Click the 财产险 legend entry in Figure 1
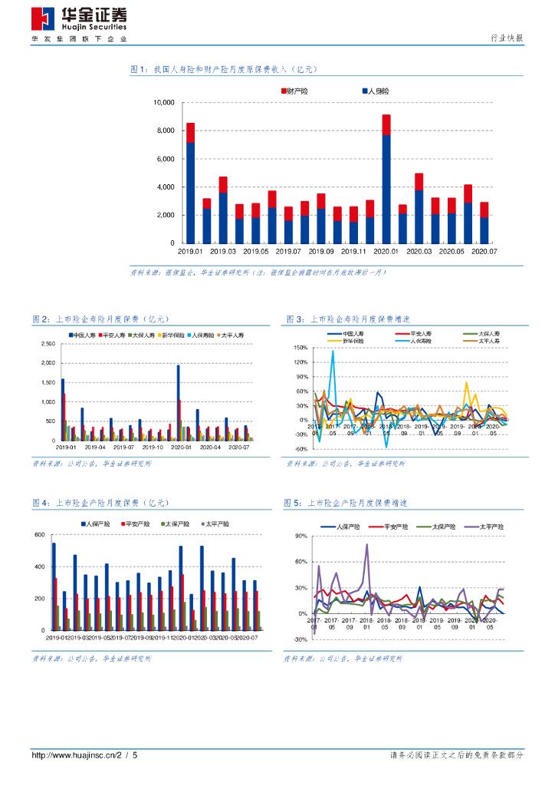295,91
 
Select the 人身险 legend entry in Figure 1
376,91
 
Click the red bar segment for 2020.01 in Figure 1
386,124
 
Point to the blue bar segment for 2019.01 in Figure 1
190,192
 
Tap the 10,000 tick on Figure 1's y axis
164,102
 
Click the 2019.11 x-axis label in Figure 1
353,251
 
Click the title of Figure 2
100,319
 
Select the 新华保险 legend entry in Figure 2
172,335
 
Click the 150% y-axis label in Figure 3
300,347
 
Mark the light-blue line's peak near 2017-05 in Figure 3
333,352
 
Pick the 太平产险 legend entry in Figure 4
217,523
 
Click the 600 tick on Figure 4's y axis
40,535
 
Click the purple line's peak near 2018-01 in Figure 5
367,545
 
